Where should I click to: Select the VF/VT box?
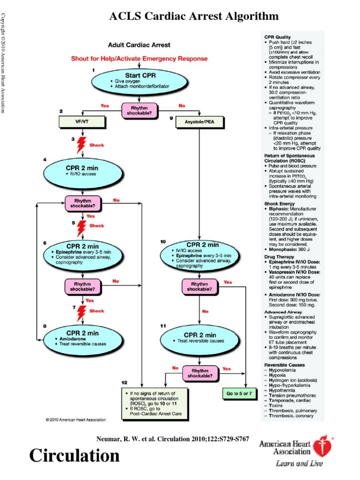pos(83,122)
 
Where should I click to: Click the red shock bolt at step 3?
pos(82,145)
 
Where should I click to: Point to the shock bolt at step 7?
pos(82,310)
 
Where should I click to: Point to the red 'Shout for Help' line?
pos(139,59)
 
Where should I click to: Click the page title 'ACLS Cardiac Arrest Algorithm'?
pos(194,17)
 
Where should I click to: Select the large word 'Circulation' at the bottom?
pos(75,455)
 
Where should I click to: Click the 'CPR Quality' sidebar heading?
pos(277,37)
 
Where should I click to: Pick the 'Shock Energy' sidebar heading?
pos(280,204)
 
